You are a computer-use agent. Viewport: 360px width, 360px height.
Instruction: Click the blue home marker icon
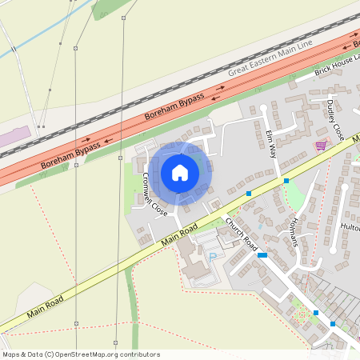click(x=180, y=172)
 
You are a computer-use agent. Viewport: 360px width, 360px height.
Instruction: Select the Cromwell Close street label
click(x=154, y=194)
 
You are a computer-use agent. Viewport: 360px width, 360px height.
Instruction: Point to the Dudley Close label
click(x=334, y=120)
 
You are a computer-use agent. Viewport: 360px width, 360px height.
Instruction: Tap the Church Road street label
click(x=240, y=232)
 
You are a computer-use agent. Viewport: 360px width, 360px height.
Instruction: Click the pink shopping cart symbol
click(x=321, y=146)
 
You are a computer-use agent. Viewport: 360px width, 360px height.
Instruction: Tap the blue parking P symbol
click(x=213, y=255)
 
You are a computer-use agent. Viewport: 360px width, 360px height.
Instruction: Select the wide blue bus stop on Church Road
click(x=262, y=254)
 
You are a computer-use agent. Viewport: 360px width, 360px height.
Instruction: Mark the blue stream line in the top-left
click(x=32, y=44)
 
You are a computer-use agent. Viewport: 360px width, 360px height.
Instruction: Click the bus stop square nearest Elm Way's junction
click(x=286, y=182)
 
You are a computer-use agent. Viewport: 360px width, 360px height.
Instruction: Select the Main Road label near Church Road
click(x=180, y=234)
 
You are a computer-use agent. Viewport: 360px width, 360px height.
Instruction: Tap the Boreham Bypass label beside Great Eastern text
click(x=174, y=106)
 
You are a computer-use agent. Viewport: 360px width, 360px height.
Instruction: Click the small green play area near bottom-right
click(x=302, y=315)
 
